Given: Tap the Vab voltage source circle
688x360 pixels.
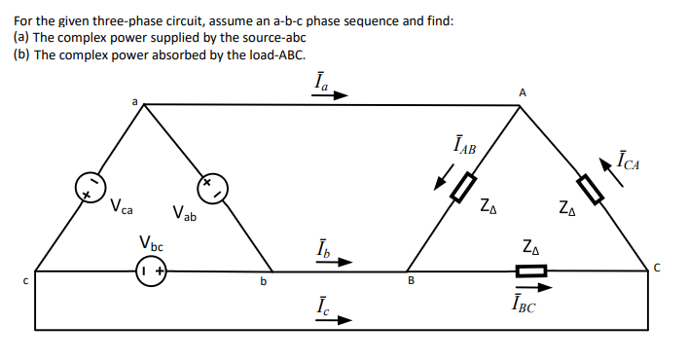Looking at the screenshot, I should (210, 187).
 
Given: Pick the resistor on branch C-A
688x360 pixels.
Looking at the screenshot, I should (591, 187).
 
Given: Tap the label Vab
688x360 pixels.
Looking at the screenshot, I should (183, 213).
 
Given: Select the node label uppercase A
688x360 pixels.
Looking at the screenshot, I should (523, 91).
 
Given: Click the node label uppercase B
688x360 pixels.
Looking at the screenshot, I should (411, 282).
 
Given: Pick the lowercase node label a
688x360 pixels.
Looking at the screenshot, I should (136, 99).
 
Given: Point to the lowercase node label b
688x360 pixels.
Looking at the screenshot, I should (261, 282).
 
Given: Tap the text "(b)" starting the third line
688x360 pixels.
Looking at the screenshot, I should (21, 54).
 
